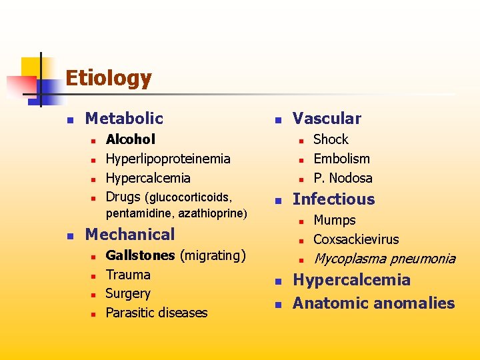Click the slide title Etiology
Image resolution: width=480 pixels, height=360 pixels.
pos(108,79)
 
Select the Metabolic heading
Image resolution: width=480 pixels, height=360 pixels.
pos(124,119)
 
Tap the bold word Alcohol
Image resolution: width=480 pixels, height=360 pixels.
pos(131,139)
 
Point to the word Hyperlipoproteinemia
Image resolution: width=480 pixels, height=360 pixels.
pos(168,159)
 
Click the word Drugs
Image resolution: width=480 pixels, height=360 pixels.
pos(123,197)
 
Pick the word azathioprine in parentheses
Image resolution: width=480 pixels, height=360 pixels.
pos(216,214)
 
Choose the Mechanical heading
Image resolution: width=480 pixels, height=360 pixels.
pos(130,234)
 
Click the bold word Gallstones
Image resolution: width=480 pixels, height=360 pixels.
pos(140,255)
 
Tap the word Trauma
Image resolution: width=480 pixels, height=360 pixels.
pos(128,275)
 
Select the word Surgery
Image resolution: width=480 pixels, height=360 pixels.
pos(128,293)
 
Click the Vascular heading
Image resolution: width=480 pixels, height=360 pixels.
pos(327,119)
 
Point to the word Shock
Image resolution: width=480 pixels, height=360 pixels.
pos(331,139)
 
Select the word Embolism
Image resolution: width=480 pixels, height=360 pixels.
pos(341,159)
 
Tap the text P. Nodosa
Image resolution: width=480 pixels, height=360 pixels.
pos(343,178)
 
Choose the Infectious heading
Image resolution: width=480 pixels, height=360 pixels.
pos(333,199)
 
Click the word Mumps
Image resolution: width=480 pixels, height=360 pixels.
pos(335,220)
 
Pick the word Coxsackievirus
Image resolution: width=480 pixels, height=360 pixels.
pos(356,239)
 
